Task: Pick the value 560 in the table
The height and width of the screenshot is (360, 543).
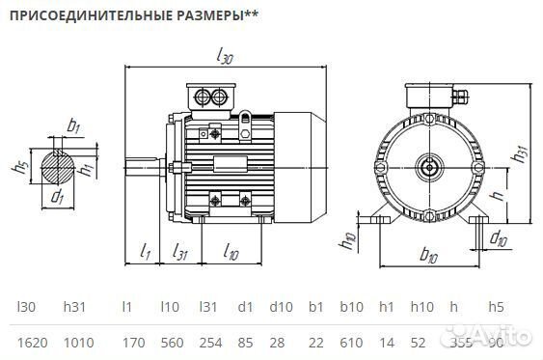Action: tap(170, 341)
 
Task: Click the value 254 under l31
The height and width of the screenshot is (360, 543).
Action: tap(210, 341)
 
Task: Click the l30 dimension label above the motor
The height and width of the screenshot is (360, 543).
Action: tap(226, 58)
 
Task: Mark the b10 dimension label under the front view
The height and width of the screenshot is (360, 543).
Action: tap(429, 257)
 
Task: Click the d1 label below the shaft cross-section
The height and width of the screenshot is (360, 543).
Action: tap(57, 198)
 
